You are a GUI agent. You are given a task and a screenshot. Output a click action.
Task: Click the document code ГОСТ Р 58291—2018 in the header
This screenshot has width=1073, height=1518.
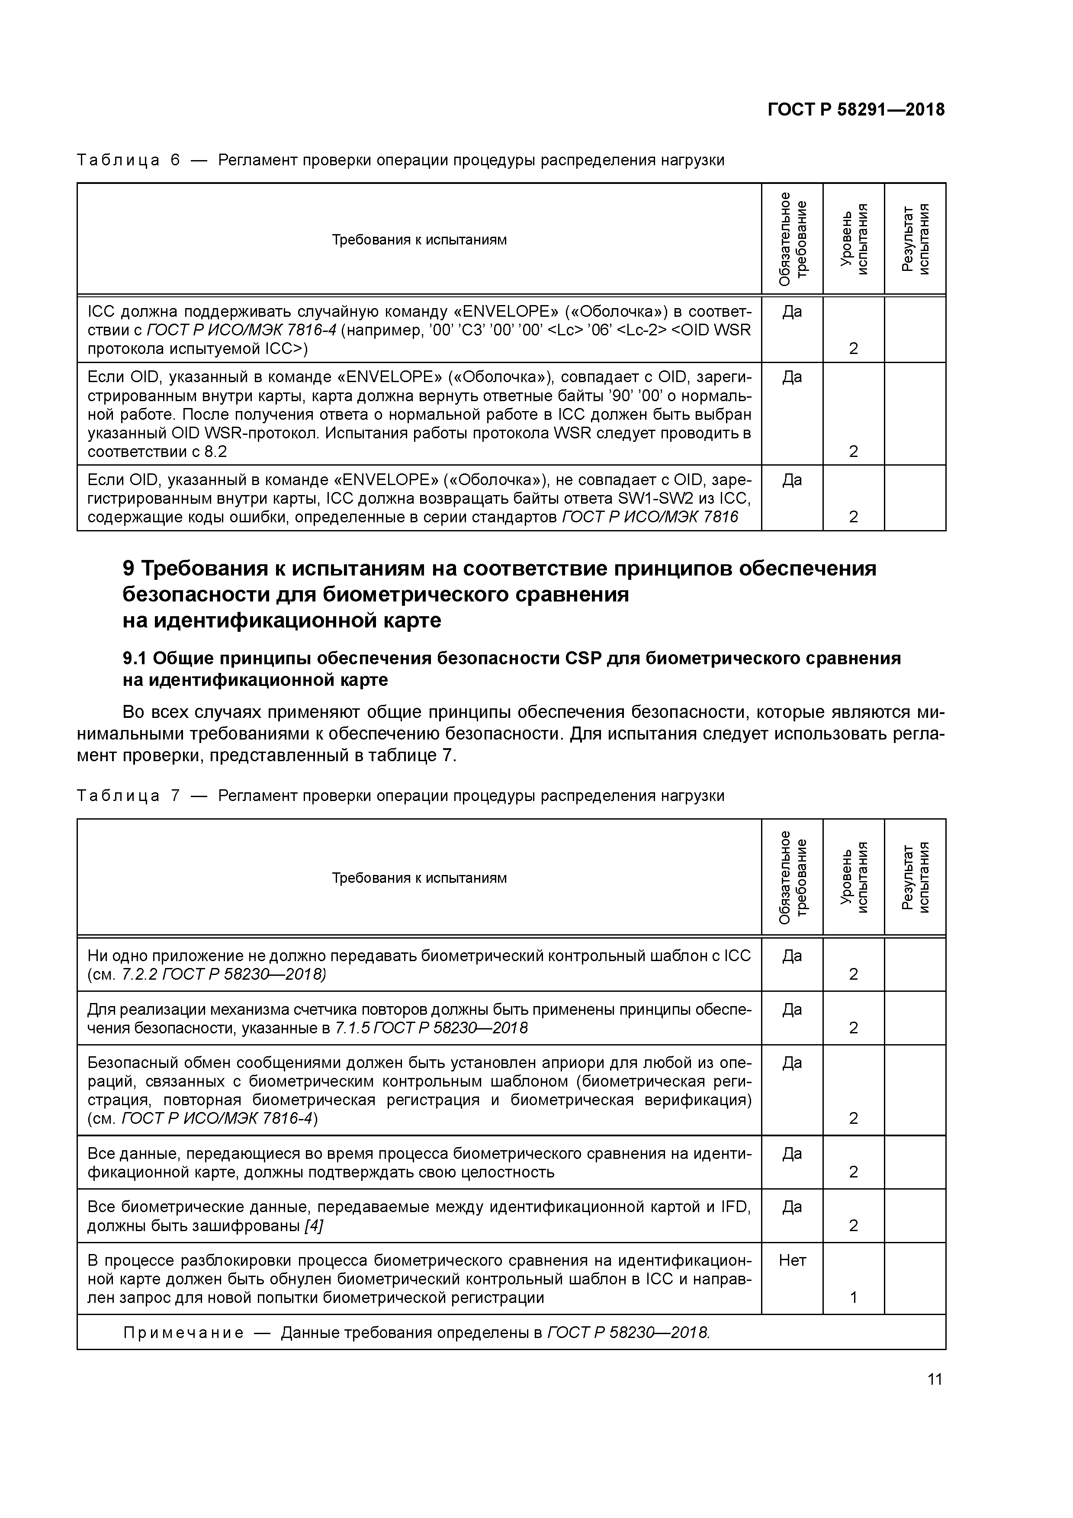856,110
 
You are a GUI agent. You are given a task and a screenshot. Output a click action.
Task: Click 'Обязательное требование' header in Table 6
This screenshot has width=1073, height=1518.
792,239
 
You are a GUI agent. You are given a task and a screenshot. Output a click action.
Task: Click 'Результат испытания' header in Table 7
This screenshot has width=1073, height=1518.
915,877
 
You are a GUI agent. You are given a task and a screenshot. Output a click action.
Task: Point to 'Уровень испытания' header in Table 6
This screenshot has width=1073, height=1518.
854,239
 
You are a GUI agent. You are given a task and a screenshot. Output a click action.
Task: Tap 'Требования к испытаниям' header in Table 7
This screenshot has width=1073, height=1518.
419,877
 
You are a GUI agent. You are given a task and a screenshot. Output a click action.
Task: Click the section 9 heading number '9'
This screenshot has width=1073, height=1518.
129,569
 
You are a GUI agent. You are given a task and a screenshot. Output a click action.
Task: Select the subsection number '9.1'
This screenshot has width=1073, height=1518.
135,659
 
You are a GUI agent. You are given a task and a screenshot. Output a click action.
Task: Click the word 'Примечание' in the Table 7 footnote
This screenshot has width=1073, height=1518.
183,1332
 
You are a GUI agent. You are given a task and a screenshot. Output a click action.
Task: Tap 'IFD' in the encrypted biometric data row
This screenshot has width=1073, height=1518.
738,1206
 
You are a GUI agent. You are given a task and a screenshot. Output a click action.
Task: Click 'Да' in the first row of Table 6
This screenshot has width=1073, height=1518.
792,310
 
